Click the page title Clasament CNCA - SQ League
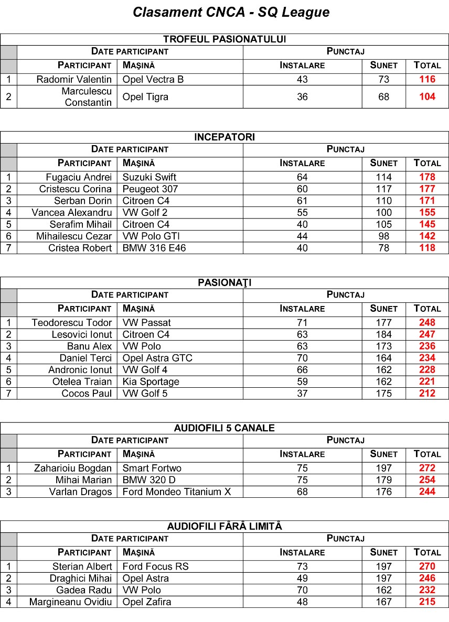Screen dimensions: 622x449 coord(231,13)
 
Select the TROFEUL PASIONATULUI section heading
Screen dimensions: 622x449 coord(224,39)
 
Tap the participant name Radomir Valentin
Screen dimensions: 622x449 coord(74,80)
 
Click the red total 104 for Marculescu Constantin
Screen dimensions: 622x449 coord(427,97)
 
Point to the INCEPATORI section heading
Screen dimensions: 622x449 coord(224,137)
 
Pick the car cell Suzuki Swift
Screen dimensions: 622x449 coord(149,177)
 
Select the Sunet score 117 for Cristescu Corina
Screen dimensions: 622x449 coord(383,189)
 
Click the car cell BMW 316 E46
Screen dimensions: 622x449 coord(154,248)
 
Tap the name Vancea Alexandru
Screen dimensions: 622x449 coord(71,213)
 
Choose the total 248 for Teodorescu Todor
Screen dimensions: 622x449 coord(427,323)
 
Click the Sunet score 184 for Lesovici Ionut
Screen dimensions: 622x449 coord(383,334)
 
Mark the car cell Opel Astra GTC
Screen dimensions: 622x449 coord(157,358)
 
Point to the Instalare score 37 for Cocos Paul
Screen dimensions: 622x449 coord(302,394)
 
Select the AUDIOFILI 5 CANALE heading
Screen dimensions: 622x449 coord(224,428)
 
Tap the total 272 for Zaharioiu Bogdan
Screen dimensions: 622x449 coord(427,468)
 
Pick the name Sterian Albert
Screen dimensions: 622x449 coord(82,566)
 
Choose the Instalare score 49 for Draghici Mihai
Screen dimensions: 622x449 coord(302,579)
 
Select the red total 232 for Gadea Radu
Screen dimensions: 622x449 coord(427,590)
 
